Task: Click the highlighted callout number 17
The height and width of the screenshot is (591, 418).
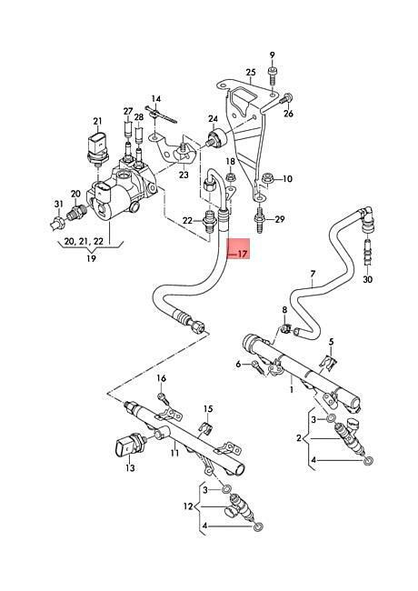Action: coord(243,254)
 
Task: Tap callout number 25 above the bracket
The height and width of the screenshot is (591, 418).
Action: coord(251,72)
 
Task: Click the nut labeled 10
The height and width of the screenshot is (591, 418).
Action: coord(267,178)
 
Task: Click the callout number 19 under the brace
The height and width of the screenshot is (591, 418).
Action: coord(91,258)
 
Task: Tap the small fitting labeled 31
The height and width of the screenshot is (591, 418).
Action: coord(57,222)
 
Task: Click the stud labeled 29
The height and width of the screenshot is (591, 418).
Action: coord(259,218)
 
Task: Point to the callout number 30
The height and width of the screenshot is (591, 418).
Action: coord(367,279)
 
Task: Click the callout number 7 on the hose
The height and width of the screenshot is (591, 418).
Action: coord(313,274)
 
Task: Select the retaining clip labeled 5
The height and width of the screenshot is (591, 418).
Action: coord(329,361)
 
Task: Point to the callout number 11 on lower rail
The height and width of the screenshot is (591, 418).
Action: coord(174,453)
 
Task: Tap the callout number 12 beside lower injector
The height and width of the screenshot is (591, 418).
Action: coord(188,506)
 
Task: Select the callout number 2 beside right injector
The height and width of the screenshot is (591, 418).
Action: coord(299,438)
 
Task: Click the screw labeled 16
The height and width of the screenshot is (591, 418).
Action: coord(161,396)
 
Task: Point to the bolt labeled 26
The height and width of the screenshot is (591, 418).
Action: coord(286,99)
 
